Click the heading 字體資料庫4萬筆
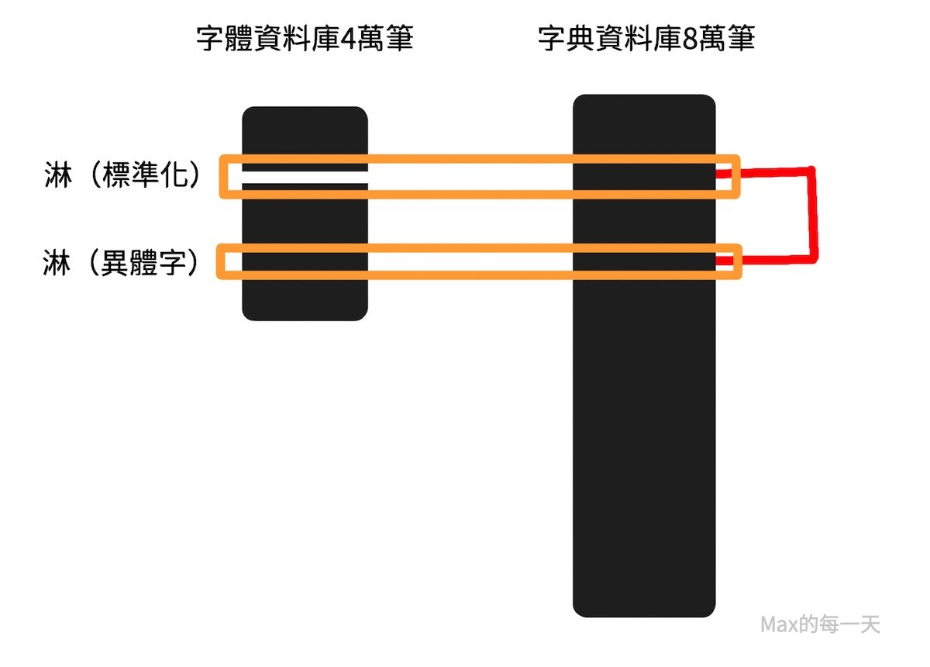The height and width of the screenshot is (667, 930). click(x=305, y=40)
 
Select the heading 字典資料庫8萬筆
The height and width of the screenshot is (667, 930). click(x=646, y=40)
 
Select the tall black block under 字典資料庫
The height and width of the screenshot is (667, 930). click(x=643, y=434)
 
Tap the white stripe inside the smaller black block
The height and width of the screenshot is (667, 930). click(x=305, y=178)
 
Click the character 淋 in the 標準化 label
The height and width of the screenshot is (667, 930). click(x=57, y=177)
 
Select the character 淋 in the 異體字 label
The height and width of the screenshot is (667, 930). click(x=57, y=264)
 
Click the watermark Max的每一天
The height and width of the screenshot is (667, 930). click(x=820, y=624)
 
